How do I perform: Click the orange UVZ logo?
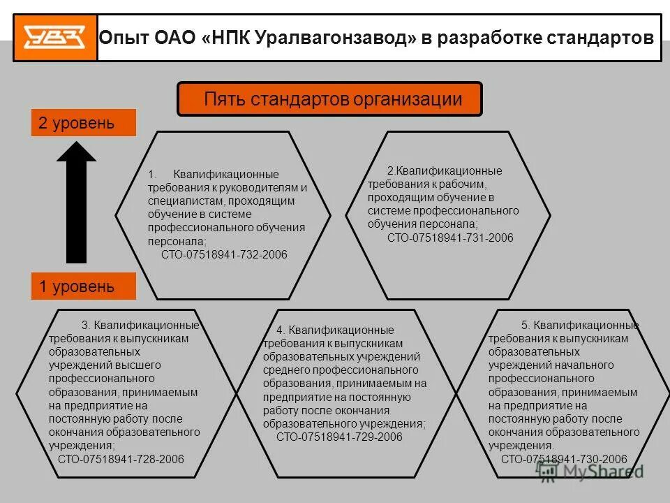point(54,38)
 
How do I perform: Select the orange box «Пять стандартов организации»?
point(330,99)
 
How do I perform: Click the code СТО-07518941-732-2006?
point(224,254)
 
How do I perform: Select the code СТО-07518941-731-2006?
point(450,238)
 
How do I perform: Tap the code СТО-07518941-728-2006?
point(121,459)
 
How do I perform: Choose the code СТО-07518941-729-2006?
point(339,437)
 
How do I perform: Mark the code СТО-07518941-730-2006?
point(564,459)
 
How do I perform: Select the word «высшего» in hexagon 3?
point(142,365)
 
